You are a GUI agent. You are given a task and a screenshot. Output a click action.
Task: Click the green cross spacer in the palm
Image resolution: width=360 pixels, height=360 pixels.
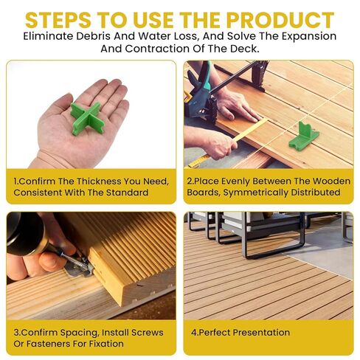pyautogui.click(x=86, y=117)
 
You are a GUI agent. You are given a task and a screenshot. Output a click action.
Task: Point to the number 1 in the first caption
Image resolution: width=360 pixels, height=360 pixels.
pyautogui.click(x=16, y=180)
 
